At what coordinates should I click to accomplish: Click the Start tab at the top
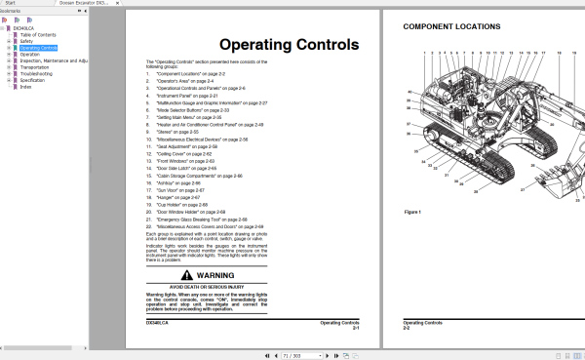(15, 4)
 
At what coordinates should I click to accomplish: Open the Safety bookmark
(25, 41)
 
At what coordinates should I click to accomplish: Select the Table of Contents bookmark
(38, 34)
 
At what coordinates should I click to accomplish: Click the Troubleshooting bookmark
(37, 72)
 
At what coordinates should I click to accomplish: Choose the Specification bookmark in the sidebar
(34, 79)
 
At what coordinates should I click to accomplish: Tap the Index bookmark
(25, 86)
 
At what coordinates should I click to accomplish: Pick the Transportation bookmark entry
(36, 66)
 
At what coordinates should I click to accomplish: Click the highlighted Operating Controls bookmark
(38, 47)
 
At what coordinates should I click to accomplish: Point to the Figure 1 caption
(411, 211)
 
